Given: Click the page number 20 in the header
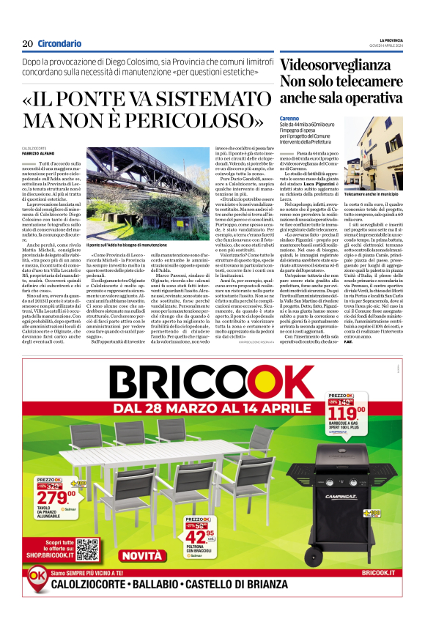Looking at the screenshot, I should pyautogui.click(x=27, y=43).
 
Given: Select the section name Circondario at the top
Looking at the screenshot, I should pyautogui.click(x=59, y=43).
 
